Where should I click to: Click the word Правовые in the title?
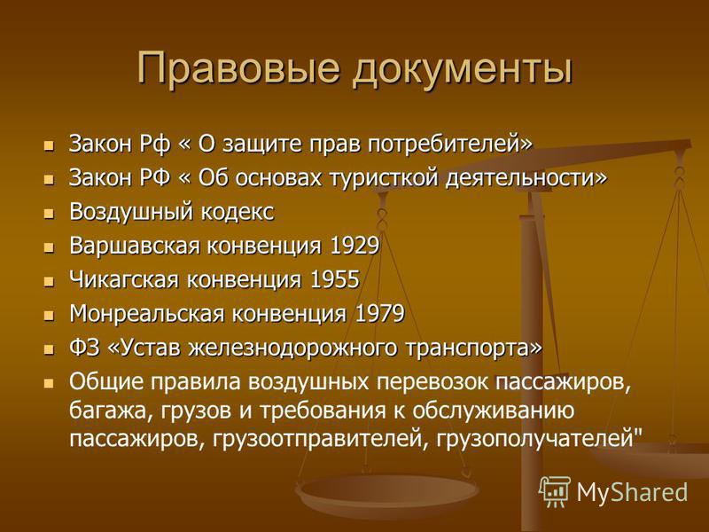[x=238, y=68]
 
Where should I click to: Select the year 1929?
[x=354, y=246]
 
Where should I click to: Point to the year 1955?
[x=335, y=279]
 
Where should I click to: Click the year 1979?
[x=380, y=314]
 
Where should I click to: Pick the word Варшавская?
[x=135, y=246]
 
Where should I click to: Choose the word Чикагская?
[x=124, y=280]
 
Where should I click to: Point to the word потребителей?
[x=446, y=145]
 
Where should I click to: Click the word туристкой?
[x=384, y=178]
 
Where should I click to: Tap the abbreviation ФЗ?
[x=84, y=348]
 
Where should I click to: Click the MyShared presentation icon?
[x=555, y=491]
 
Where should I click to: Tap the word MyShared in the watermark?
[x=632, y=492]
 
